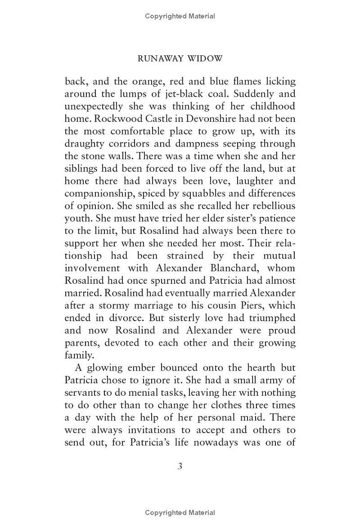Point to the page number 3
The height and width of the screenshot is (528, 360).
click(180, 465)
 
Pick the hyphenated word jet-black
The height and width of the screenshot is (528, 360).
click(188, 94)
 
